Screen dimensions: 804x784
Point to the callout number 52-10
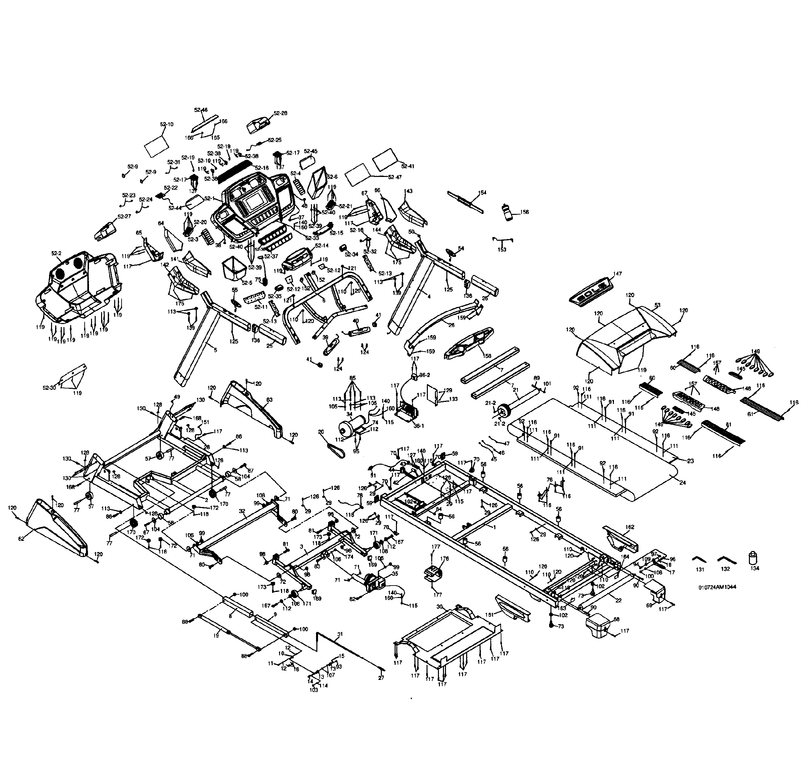tap(167, 124)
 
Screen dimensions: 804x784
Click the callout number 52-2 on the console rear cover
tap(56, 253)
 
